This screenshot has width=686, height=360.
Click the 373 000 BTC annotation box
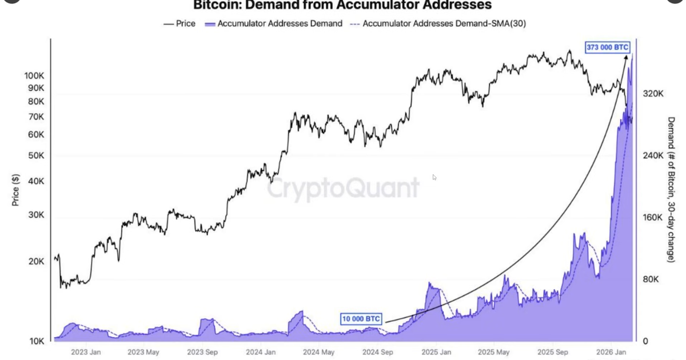(x=607, y=47)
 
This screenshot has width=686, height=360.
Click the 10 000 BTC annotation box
(x=361, y=319)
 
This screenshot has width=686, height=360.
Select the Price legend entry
(x=180, y=23)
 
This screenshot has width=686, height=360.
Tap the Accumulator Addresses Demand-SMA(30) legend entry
(x=438, y=23)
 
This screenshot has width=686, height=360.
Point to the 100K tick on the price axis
(x=34, y=75)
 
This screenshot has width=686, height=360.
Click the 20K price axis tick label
(x=36, y=262)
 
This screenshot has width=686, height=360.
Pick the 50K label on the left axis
(x=36, y=155)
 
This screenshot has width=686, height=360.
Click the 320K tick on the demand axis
(x=653, y=94)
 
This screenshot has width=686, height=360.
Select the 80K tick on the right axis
(x=651, y=279)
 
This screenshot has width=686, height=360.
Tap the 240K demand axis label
(x=653, y=155)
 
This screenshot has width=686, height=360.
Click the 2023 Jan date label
(x=86, y=352)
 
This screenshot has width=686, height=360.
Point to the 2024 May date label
(x=318, y=352)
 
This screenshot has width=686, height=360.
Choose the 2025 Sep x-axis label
(x=553, y=352)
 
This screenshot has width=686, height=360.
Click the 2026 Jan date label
(x=611, y=352)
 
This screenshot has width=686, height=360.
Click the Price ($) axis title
(x=15, y=190)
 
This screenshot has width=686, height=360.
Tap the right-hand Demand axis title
(x=671, y=190)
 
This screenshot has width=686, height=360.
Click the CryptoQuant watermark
(x=343, y=188)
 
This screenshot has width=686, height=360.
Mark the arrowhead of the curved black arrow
(x=626, y=58)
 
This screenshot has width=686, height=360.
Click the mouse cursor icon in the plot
(x=434, y=177)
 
